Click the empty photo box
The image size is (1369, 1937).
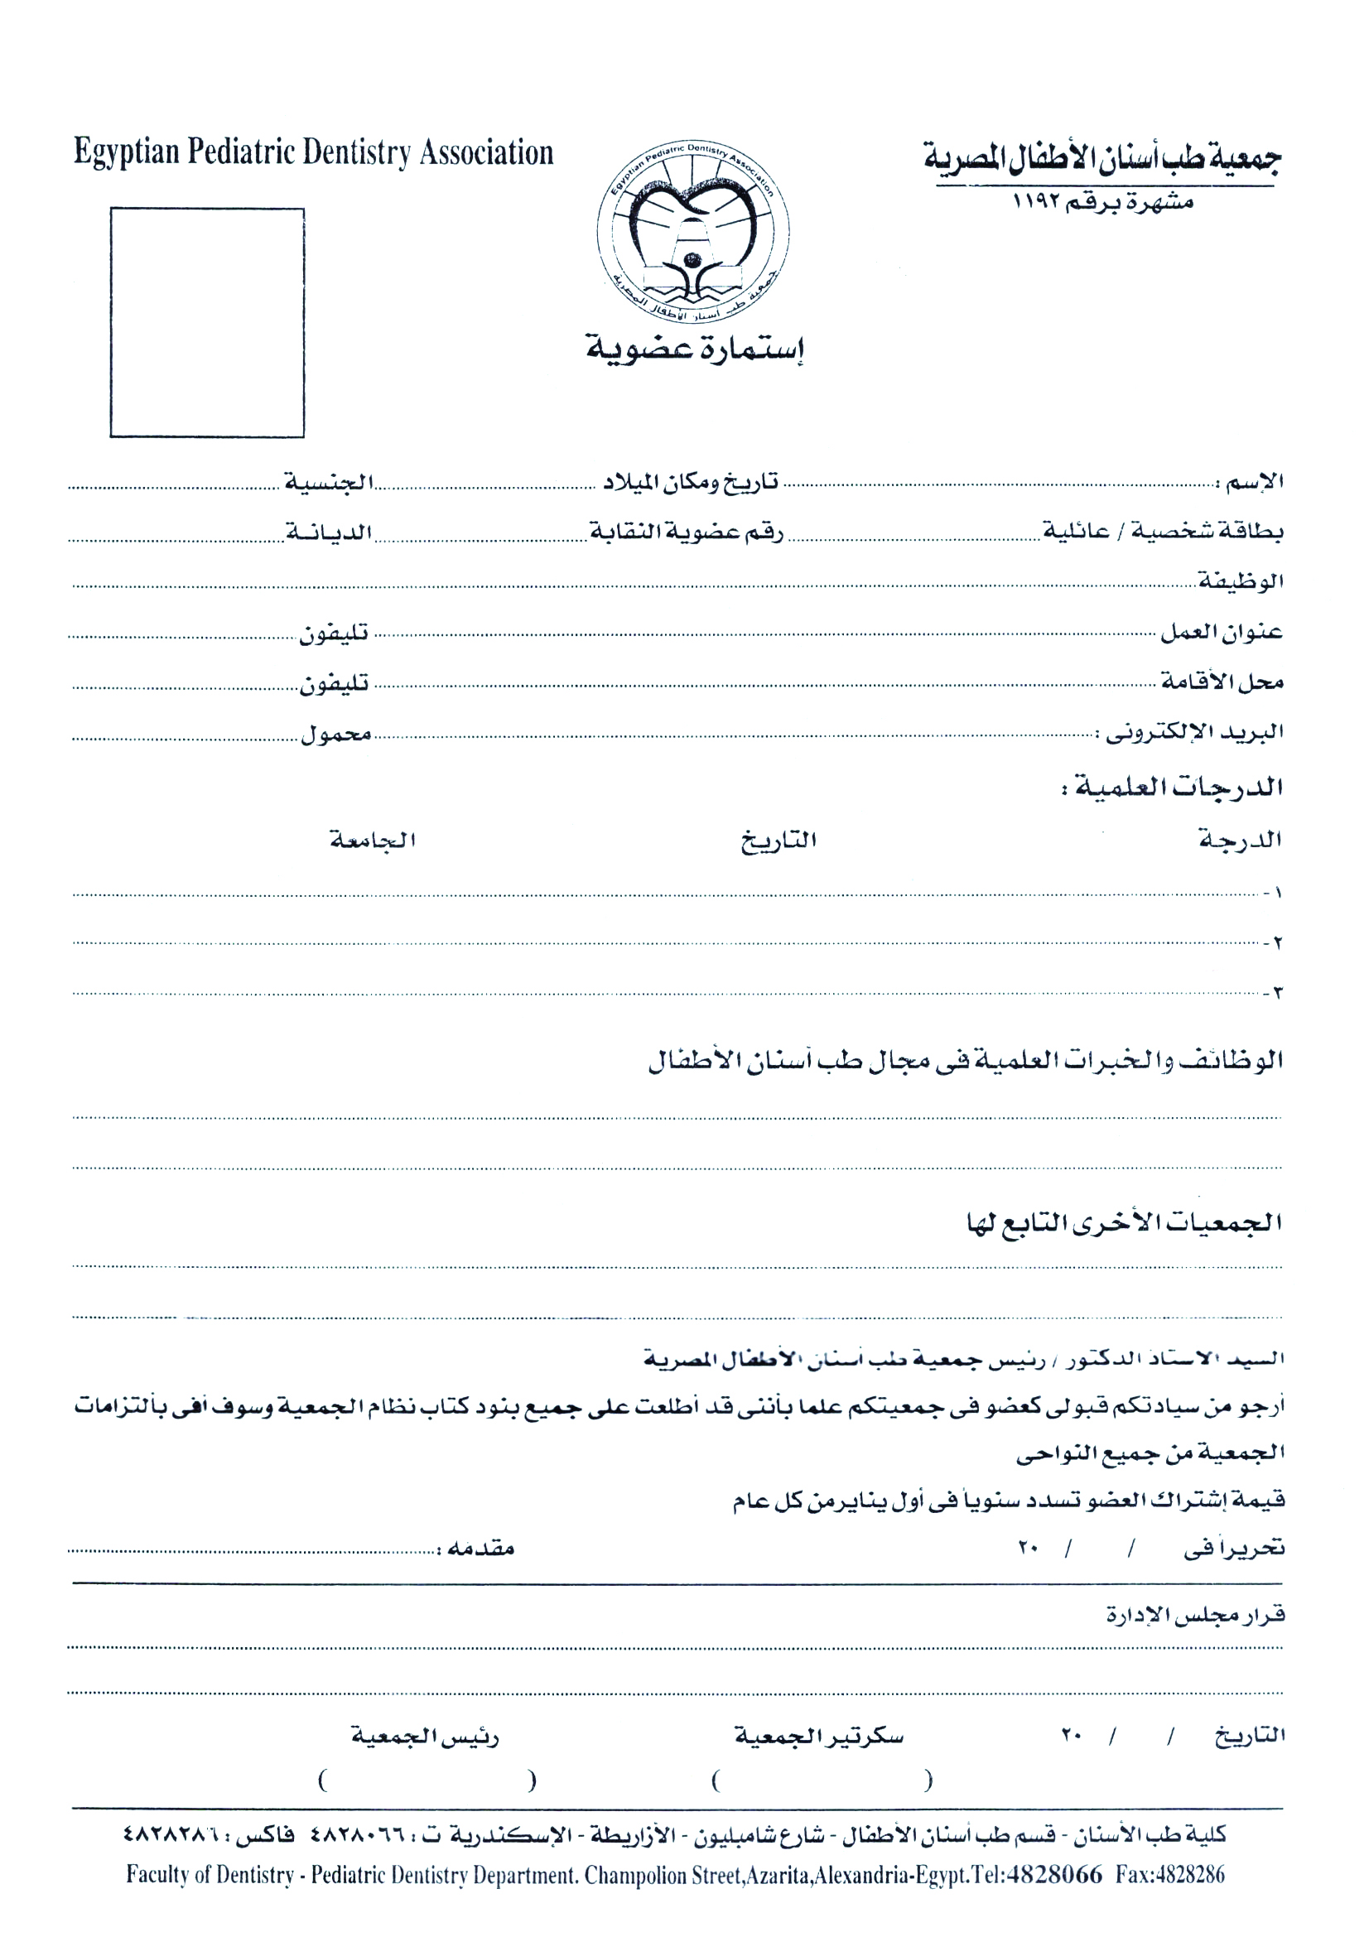point(207,322)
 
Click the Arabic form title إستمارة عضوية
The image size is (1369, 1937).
point(695,348)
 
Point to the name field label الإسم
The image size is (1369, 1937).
point(1254,483)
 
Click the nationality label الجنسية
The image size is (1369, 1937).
point(329,483)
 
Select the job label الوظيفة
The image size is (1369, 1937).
point(1241,581)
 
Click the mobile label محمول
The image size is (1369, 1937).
point(336,735)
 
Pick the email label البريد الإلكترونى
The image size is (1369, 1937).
point(1190,732)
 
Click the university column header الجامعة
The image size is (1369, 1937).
point(373,841)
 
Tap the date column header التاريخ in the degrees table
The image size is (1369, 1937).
point(778,841)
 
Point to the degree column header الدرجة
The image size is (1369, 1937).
point(1240,841)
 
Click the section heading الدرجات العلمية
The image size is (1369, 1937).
point(1174,788)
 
